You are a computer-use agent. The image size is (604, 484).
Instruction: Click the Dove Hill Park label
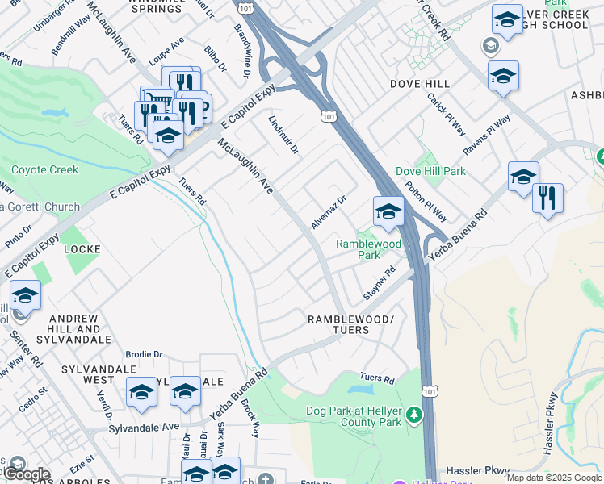pos(430,171)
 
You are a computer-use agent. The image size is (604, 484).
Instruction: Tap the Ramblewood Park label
pos(368,248)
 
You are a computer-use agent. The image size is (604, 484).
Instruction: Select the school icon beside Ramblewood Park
pos(388,213)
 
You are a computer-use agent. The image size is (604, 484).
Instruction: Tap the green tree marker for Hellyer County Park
pos(414,415)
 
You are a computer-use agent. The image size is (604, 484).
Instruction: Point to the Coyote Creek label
pos(44,170)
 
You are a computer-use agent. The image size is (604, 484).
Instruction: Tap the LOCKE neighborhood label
pos(82,249)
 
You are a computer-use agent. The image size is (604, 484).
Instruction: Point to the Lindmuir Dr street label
pos(283,135)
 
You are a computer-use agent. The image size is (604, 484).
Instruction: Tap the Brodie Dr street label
pos(145,354)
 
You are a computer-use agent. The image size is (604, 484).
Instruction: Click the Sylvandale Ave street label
pos(145,426)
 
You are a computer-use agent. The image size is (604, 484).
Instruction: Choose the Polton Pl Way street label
pos(426,201)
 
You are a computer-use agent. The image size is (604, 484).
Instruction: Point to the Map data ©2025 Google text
pos(555,478)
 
